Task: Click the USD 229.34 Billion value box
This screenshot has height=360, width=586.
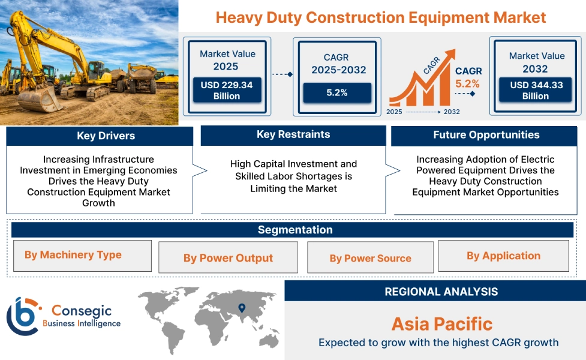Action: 227,91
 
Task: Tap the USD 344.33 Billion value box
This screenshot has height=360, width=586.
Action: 536,91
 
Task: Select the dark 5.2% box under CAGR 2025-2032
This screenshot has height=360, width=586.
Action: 336,92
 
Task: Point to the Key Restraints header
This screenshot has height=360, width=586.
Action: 293,134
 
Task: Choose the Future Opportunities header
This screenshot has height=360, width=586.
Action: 486,135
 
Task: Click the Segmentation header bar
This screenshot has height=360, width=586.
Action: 294,230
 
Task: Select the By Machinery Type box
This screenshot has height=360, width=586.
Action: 82,256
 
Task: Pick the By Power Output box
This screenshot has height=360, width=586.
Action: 228,258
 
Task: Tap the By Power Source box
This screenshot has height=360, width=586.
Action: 370,259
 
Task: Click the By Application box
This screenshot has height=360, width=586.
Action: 503,256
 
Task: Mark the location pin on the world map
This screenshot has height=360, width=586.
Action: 242,308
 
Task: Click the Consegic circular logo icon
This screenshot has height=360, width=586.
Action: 23,316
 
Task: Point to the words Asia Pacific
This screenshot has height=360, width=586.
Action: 441,324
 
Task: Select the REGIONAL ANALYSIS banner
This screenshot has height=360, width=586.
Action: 441,292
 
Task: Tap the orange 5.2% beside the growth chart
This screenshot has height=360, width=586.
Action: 467,84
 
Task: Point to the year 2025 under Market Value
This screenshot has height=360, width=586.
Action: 226,67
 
